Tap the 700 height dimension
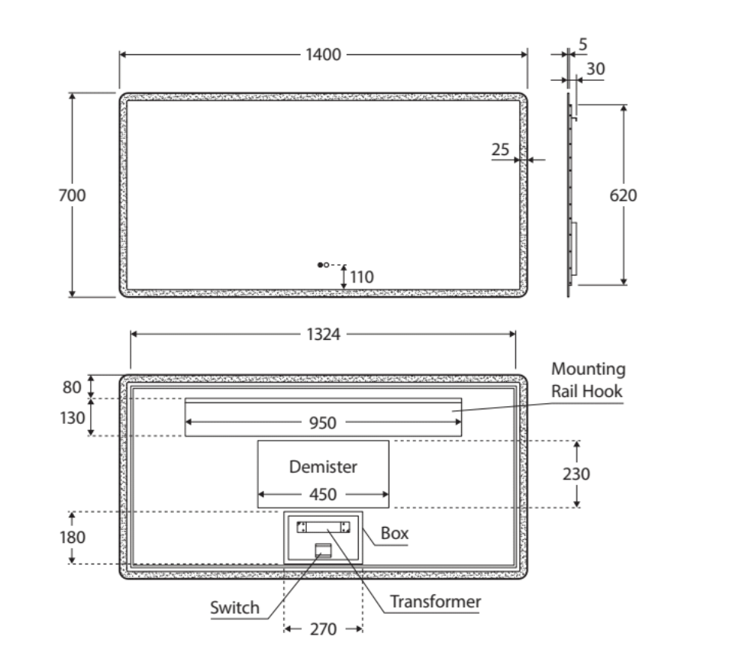(x=73, y=195)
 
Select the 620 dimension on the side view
(x=623, y=195)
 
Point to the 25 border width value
(x=501, y=150)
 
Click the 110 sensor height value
(x=362, y=277)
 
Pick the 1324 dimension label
(x=323, y=334)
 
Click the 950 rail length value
(x=323, y=423)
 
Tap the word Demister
(x=323, y=466)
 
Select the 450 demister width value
(x=323, y=495)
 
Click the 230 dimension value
(x=576, y=473)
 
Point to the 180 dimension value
(x=73, y=537)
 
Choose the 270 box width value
(x=323, y=630)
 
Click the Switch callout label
(x=234, y=609)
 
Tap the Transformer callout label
(x=435, y=602)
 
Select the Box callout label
(x=395, y=534)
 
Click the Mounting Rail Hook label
(x=588, y=380)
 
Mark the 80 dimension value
(x=73, y=387)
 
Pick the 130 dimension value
(x=73, y=418)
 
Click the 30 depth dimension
(x=595, y=69)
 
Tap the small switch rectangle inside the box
(x=324, y=549)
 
